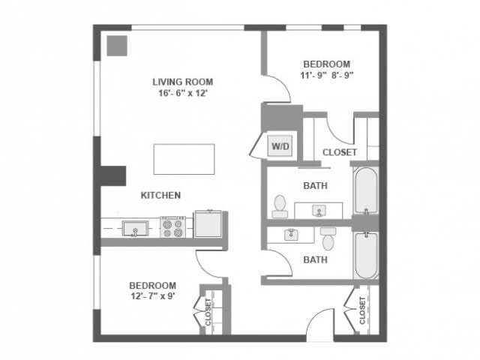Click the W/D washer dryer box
coord(280,145)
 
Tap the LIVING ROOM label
coord(183,82)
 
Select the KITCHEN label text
coord(160,195)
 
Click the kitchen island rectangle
coord(184,158)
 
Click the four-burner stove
coord(173,226)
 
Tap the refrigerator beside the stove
coord(208,224)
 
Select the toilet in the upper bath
coord(280,205)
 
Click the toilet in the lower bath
coord(328,238)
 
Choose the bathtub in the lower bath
coord(366,255)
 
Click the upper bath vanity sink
coord(318,209)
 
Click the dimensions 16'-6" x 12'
coord(183,94)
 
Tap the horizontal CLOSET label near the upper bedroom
coord(339,152)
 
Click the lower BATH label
coord(315,260)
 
